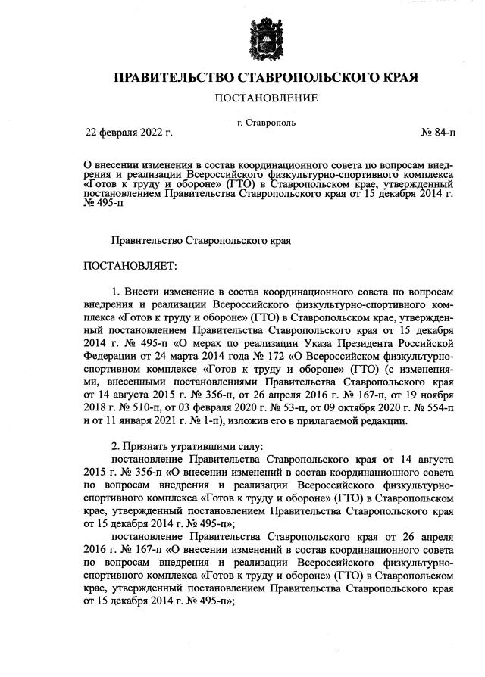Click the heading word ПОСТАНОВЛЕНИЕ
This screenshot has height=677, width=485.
pos(266,98)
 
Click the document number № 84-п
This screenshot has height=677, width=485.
pos(438,133)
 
